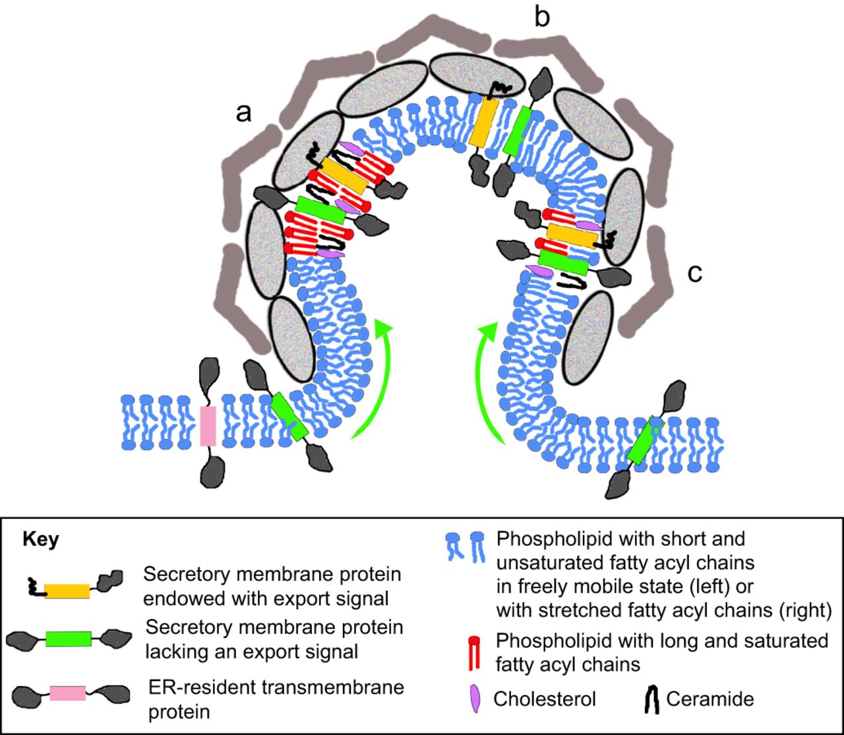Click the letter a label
point(244,113)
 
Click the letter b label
point(541,18)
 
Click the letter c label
point(695,272)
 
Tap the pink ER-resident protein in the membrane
point(208,426)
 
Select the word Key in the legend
point(41,540)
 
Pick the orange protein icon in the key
point(67,590)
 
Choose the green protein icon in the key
point(69,638)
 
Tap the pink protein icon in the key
point(68,692)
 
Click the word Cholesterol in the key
point(545,699)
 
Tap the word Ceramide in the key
point(709,699)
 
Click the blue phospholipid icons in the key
point(466,546)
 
